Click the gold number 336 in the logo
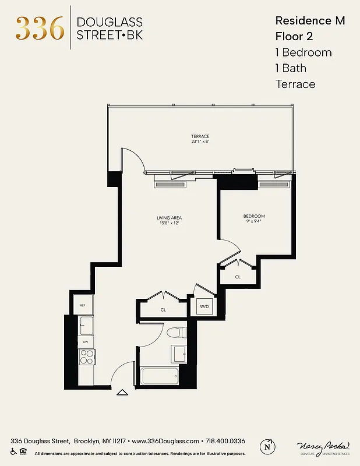coord(40,27)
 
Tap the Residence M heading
coord(309,21)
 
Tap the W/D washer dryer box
coord(204,306)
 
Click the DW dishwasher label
coord(85,342)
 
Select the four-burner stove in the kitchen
coord(86,356)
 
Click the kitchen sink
coord(86,325)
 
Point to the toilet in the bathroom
coord(175,333)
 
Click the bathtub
coord(159,375)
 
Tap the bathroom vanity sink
coord(179,353)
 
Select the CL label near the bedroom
coord(238,277)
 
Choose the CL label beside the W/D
coord(163,310)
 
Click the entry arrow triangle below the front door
coord(122,393)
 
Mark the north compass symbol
coord(267,446)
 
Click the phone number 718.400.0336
coord(224,442)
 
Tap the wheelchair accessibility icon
coord(13,452)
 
